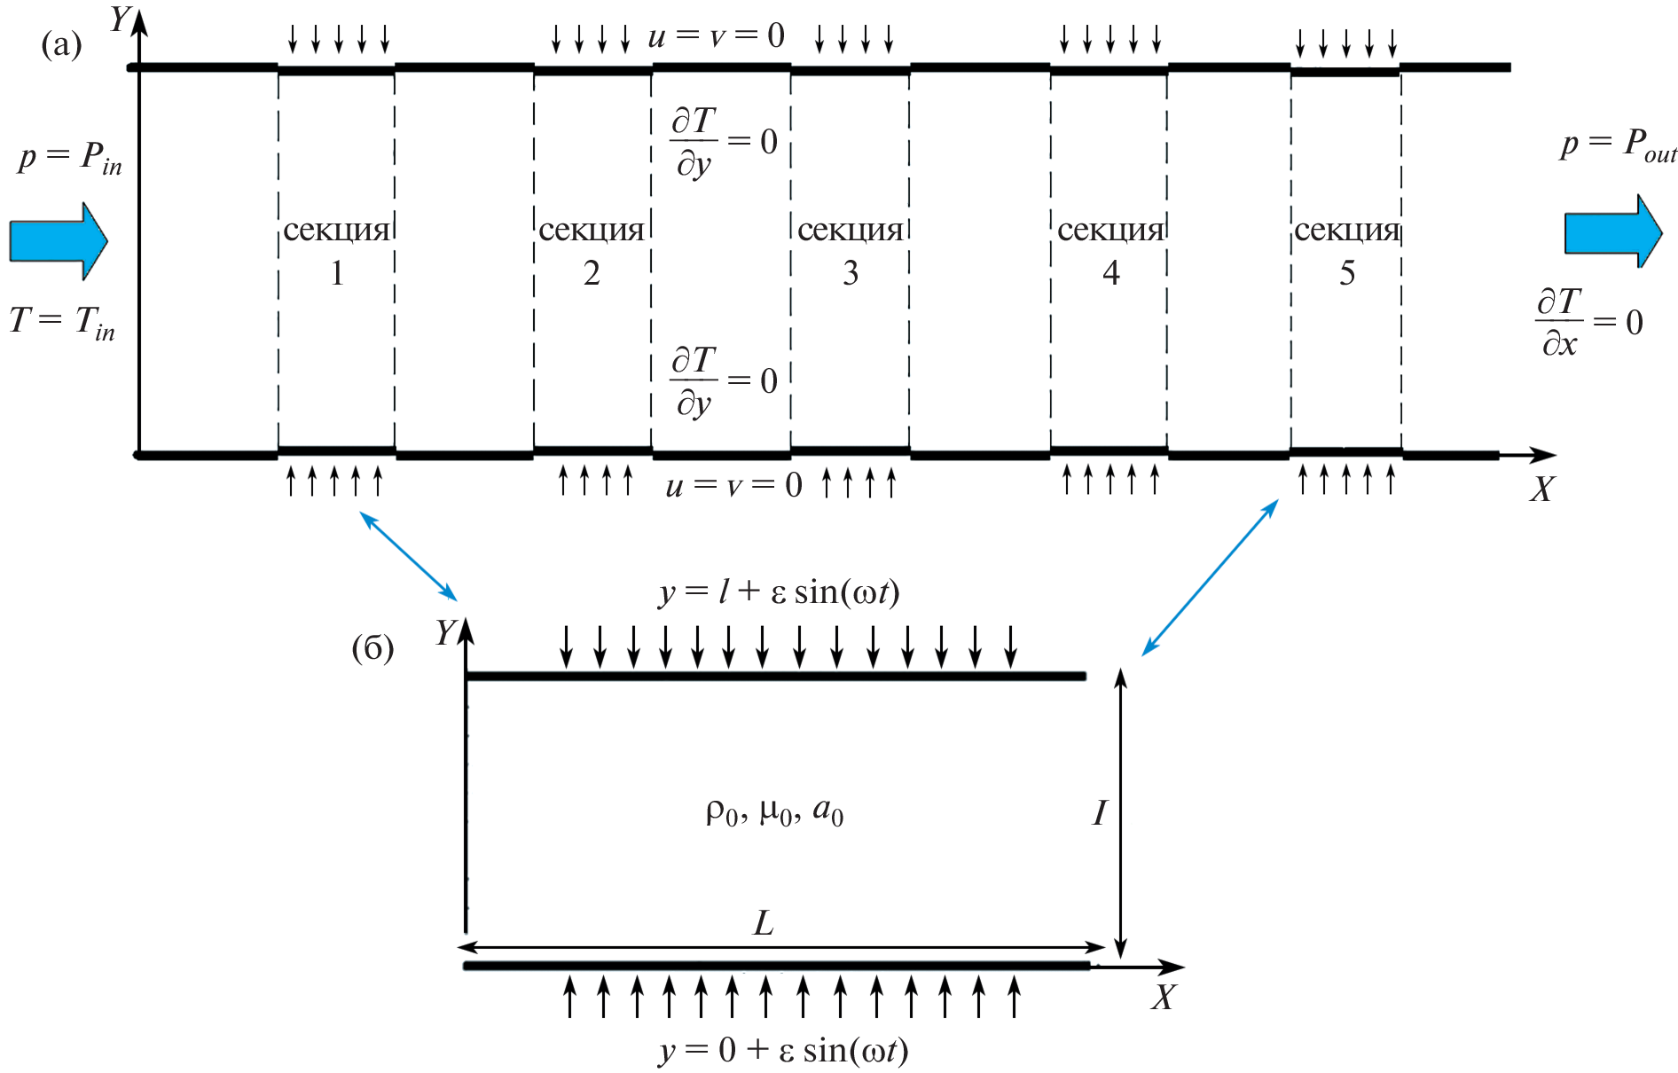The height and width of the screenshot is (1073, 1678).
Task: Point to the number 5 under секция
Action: coord(1347,273)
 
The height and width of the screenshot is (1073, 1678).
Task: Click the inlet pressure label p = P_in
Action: coord(70,159)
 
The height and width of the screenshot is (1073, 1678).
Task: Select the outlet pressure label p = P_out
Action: coord(1618,145)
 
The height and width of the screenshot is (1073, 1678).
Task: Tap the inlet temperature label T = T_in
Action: coord(62,322)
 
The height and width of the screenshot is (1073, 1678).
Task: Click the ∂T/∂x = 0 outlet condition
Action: coord(1588,322)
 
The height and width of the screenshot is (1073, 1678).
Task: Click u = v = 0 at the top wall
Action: coord(717,36)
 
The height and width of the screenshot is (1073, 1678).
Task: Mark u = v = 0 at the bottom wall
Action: coord(733,485)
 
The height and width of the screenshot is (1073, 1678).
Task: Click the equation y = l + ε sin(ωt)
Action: coord(779,591)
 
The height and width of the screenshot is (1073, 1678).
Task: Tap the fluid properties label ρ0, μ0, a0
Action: coord(774,811)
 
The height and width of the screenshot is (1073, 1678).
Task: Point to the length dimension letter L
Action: coord(764,924)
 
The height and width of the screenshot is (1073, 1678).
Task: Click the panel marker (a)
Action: coord(61,44)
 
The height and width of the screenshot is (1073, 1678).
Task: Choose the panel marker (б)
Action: coord(372,648)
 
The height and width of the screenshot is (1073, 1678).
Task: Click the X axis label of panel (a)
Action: coord(1542,490)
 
